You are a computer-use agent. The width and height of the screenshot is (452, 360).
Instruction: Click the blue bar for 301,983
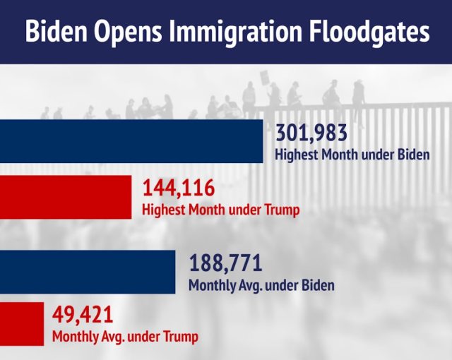tap(131, 141)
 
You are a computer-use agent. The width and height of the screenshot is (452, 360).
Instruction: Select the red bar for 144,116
tap(66, 197)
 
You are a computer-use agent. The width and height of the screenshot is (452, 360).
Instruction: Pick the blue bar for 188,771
tap(88, 272)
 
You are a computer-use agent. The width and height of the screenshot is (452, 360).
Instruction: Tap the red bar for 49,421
tap(22, 323)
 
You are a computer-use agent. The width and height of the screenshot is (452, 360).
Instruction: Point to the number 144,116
tap(179, 188)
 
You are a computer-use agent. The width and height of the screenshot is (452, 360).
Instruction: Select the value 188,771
tap(225, 265)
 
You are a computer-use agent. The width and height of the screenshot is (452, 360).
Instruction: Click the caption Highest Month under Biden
tap(352, 154)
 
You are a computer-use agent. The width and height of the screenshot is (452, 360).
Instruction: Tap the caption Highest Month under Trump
tap(221, 210)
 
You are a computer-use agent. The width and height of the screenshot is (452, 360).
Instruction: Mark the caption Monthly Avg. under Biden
tap(261, 286)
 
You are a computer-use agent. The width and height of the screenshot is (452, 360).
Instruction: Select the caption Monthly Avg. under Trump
tap(125, 336)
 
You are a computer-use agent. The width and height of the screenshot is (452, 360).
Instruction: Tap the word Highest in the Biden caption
tap(296, 154)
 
